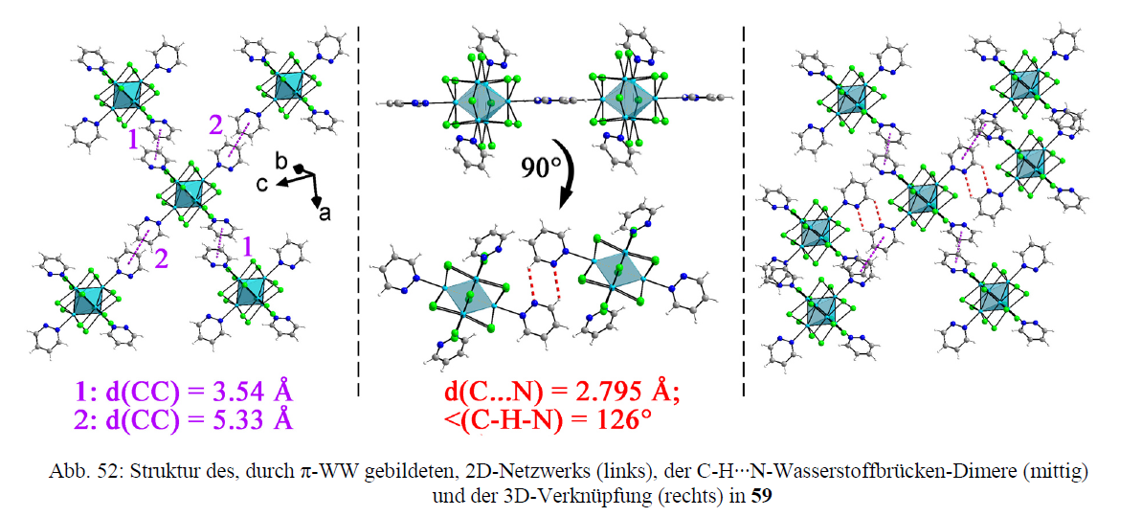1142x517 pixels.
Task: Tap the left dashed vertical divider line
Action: (x=358, y=211)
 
